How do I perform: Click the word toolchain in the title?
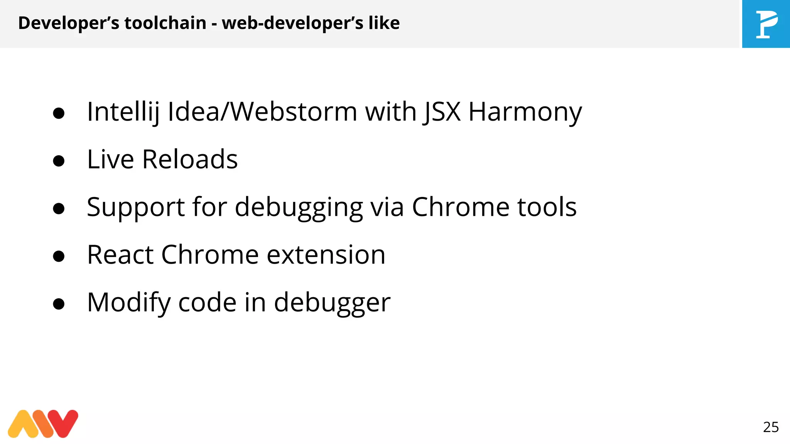(165, 23)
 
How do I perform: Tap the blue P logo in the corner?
(766, 24)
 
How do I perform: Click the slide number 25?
(771, 427)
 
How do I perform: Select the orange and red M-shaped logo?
(43, 424)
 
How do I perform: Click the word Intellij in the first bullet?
(123, 112)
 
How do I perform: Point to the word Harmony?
(525, 112)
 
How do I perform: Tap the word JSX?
(442, 112)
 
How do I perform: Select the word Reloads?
(190, 159)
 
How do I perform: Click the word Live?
(110, 159)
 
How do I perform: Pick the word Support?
(136, 207)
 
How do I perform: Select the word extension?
(326, 255)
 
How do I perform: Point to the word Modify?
(129, 303)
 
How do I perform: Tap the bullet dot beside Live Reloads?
(59, 161)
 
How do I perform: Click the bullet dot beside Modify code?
(59, 304)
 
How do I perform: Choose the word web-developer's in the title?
(292, 23)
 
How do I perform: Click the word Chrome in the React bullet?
(210, 255)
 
